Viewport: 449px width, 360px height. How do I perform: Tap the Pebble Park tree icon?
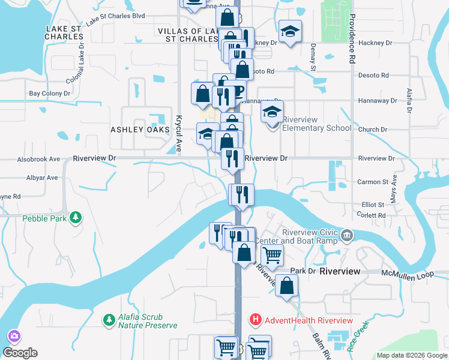tap(76, 217)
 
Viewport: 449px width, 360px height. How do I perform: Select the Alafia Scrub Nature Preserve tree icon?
tap(109, 319)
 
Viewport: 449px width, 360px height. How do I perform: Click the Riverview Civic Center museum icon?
tap(347, 235)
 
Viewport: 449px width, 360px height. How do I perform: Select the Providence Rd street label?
tap(352, 39)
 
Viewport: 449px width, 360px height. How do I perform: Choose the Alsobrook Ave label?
tap(39, 159)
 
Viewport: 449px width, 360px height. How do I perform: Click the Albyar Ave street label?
tap(42, 178)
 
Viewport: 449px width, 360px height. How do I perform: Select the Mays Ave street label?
tap(394, 188)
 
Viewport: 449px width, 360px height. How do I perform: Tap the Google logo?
tap(20, 353)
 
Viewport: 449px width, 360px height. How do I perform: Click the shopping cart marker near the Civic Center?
tap(273, 255)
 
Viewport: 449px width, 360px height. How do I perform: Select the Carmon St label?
tap(373, 182)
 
